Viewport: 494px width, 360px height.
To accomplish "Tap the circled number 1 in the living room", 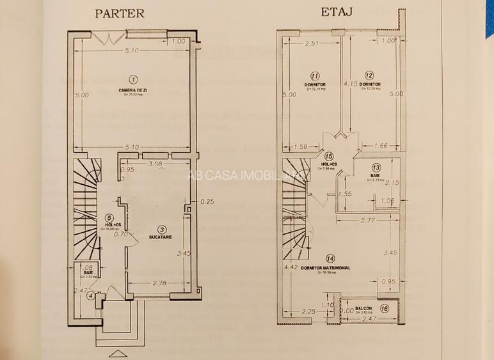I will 133,79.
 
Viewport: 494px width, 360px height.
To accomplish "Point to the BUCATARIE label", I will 159,237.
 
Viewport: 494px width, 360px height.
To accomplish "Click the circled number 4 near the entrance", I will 92,295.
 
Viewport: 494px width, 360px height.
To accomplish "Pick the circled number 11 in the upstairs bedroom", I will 315,75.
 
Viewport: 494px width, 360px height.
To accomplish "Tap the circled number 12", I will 369,75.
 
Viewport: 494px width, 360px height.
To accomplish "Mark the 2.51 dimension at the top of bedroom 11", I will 312,43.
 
